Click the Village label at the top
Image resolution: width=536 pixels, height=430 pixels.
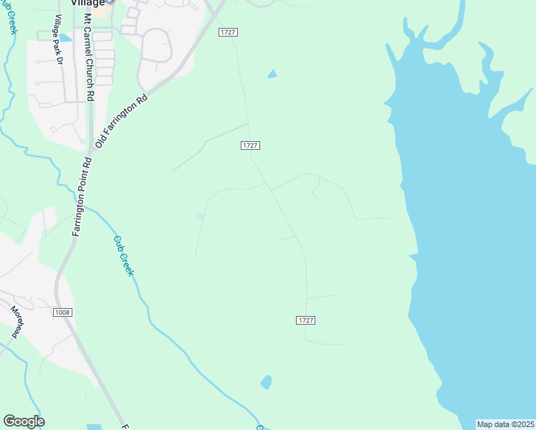[88, 3]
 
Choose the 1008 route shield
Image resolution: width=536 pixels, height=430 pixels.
[62, 312]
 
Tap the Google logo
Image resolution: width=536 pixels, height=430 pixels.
[24, 421]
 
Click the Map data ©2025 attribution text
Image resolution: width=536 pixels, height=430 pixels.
[505, 424]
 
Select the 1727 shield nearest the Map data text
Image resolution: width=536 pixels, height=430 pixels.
[305, 320]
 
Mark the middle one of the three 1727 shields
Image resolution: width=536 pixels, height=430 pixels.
[249, 145]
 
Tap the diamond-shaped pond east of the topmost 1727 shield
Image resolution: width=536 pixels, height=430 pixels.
[272, 73]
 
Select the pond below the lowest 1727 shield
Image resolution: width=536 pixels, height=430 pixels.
[266, 382]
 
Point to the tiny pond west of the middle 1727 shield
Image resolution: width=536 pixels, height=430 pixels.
[200, 216]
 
